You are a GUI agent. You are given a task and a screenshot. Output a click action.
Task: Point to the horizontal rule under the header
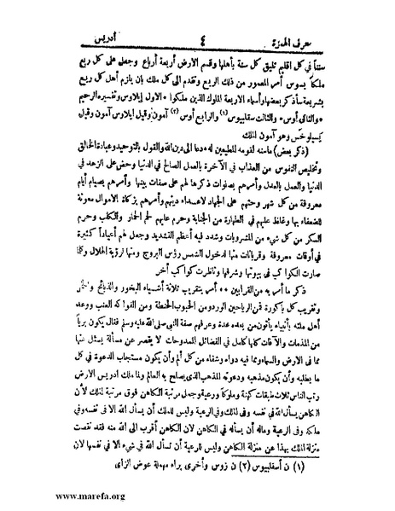click(x=197, y=29)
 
